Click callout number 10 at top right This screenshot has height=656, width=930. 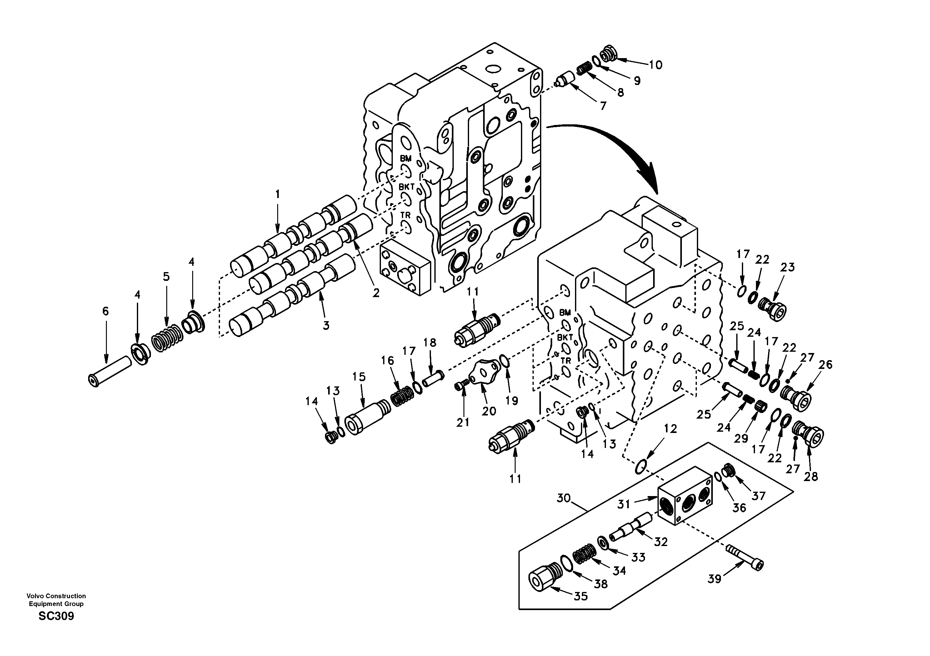coord(656,65)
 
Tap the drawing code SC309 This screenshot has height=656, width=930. coord(56,617)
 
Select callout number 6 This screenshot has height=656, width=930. coord(105,311)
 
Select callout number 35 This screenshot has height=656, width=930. coord(581,596)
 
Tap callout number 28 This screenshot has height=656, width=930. coord(811,477)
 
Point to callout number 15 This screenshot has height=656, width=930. coord(359,377)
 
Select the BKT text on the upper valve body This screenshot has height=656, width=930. coord(406,187)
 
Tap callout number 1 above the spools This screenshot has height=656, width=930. coord(277,195)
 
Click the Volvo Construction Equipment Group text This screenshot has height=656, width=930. coord(56,600)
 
